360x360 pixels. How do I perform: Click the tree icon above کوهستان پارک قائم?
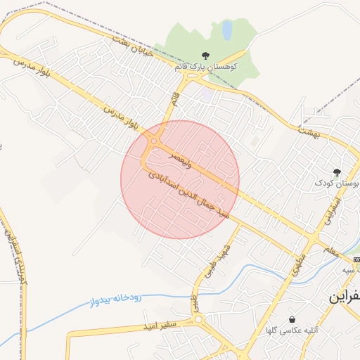coord(205,56)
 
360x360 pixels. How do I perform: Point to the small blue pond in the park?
coord(227,30)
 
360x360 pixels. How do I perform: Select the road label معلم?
coord(330,249)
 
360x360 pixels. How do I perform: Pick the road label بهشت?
coord(309,131)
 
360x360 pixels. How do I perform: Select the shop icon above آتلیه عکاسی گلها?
coord(292,319)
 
